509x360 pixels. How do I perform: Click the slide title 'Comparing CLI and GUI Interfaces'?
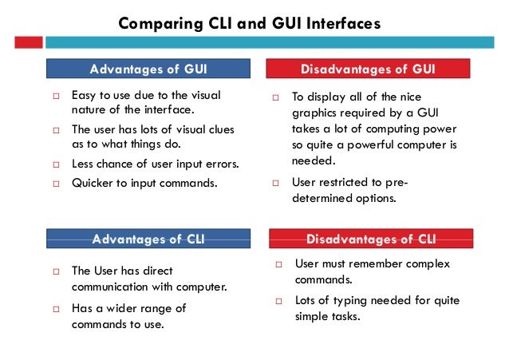(249, 23)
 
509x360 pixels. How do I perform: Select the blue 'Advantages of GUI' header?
(148, 69)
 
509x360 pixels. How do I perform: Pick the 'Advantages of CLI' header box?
(148, 238)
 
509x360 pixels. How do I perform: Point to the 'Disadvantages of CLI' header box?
(372, 238)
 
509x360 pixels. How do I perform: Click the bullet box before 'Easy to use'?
(57, 97)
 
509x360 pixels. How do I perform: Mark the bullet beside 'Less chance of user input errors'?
(57, 165)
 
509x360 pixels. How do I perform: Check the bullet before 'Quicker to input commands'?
(57, 183)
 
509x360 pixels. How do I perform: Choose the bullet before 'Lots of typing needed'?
(280, 301)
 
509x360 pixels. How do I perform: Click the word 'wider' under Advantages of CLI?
(123, 308)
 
